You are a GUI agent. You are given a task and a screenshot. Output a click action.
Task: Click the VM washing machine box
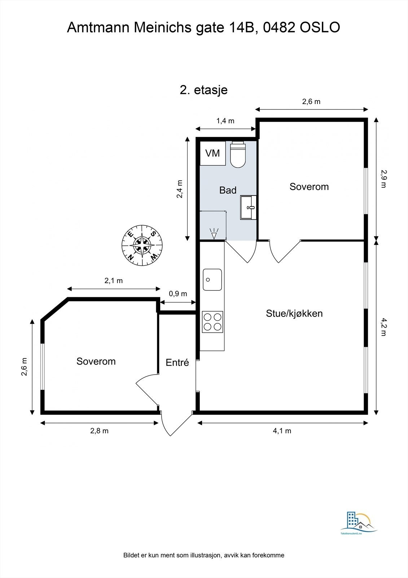pos(212,153)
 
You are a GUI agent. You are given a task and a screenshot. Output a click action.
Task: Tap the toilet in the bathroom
pos(238,155)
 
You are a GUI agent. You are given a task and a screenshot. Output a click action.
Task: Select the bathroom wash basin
pos(249,207)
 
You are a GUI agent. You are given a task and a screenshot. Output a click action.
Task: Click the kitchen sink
pos(212,279)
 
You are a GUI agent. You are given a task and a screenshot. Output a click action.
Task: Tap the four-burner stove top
pos(212,322)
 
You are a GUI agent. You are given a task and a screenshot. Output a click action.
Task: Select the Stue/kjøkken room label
pos(294,313)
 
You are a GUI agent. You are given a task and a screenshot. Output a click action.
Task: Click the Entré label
pos(177,362)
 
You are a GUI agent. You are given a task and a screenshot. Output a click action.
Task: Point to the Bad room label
pos(228,190)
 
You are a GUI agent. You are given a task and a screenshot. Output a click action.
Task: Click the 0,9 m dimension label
pos(178,294)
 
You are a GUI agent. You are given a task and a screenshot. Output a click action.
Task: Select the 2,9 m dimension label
pos(383,179)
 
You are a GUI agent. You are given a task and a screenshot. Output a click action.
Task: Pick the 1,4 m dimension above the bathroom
pos(225,121)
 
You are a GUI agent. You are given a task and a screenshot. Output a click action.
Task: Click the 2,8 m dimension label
pos(99,431)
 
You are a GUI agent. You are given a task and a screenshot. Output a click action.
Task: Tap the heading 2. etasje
pos(203,90)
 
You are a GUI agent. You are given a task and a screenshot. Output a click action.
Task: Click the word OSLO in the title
pos(320,27)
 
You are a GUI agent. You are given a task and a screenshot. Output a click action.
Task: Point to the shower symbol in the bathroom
pos(214,233)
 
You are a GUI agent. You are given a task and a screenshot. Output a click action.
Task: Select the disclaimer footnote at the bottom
pos(203,555)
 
